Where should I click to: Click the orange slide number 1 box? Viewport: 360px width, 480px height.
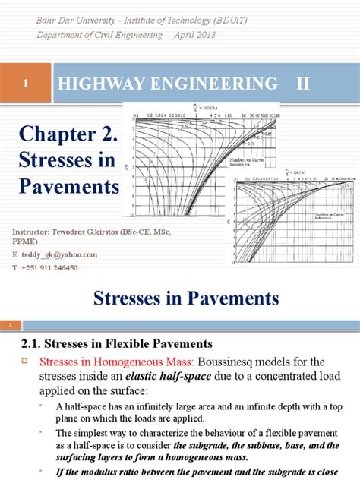coord(26,84)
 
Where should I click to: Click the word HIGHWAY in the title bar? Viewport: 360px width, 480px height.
coord(94,84)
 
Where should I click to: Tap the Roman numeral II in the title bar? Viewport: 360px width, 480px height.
coord(303,84)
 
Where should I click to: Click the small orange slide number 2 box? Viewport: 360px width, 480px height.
coord(11,325)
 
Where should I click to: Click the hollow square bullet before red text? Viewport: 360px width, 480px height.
coord(23,362)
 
